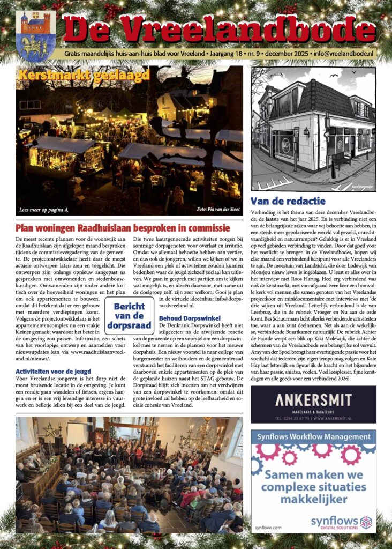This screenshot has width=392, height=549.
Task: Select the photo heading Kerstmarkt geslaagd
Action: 84,75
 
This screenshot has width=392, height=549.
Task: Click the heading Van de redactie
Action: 288,201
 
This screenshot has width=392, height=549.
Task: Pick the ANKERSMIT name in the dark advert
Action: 313,399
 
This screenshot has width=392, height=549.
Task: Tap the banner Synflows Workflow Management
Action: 313,436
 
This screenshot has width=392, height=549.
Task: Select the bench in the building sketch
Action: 341,159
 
